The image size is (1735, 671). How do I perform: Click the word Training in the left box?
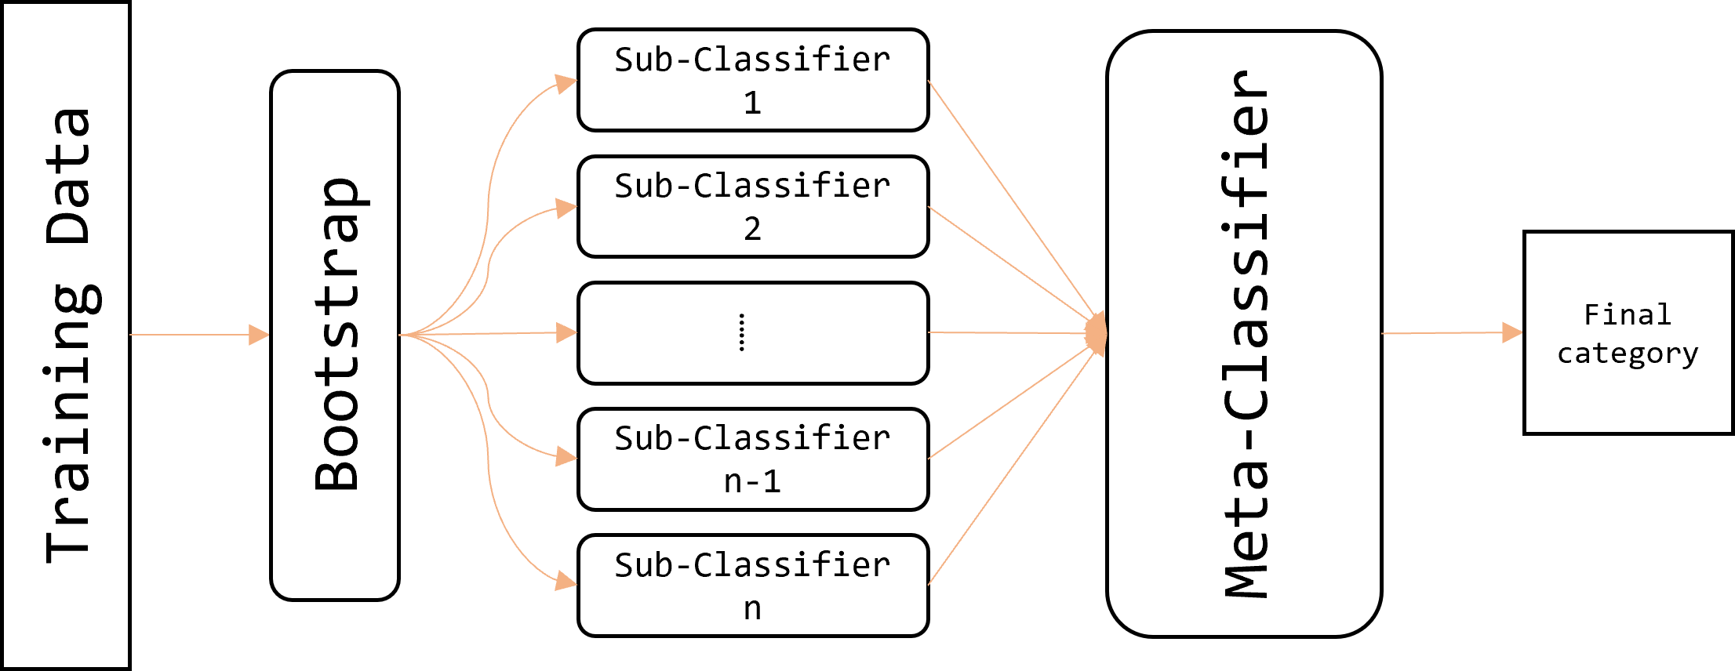pyautogui.click(x=69, y=423)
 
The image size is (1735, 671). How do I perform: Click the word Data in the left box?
pyautogui.click(x=69, y=176)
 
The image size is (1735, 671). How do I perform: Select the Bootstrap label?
pyautogui.click(x=337, y=335)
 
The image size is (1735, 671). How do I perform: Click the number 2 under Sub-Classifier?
pyautogui.click(x=752, y=229)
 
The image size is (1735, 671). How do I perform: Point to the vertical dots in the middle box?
pyautogui.click(x=742, y=332)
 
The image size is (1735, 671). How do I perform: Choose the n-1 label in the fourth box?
pyautogui.click(x=752, y=481)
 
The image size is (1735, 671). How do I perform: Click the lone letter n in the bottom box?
pyautogui.click(x=752, y=608)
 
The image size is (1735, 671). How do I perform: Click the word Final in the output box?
pyautogui.click(x=1628, y=315)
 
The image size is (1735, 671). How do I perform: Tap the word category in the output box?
pyautogui.click(x=1628, y=354)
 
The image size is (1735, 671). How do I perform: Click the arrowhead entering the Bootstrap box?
pyautogui.click(x=259, y=335)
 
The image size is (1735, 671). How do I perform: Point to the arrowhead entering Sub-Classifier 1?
pyautogui.click(x=566, y=83)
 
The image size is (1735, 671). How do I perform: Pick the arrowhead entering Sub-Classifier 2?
pyautogui.click(x=566, y=208)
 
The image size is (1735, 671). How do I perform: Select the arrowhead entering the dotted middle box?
pyautogui.click(x=566, y=332)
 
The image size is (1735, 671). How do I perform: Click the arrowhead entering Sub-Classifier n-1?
pyautogui.click(x=566, y=456)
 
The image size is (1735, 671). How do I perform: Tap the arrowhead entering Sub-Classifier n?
pyautogui.click(x=566, y=581)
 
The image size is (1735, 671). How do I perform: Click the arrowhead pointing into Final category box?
pyautogui.click(x=1511, y=332)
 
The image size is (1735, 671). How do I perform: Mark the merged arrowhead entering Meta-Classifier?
pyautogui.click(x=1097, y=333)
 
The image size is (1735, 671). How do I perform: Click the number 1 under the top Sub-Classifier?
pyautogui.click(x=752, y=103)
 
